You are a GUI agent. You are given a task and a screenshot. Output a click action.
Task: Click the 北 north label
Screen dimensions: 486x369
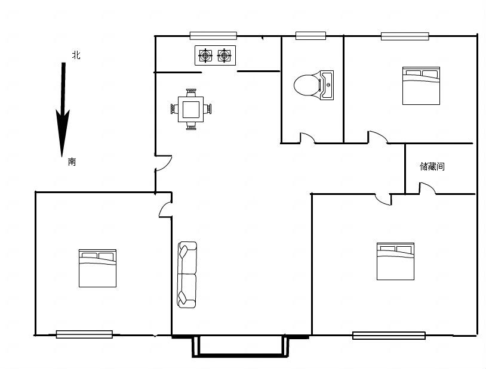pos(76,55)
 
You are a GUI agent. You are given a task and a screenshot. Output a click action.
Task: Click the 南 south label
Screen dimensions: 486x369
pos(72,162)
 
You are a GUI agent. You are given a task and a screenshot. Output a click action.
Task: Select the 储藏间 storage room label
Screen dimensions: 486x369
pos(432,166)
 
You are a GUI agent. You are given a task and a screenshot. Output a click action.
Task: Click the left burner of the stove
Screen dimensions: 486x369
pos(205,55)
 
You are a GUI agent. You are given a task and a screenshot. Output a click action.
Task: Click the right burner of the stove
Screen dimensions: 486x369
pos(224,55)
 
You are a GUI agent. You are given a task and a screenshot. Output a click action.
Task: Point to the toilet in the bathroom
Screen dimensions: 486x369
pos(307,85)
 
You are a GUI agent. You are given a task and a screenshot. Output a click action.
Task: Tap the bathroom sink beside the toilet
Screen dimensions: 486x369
pos(327,85)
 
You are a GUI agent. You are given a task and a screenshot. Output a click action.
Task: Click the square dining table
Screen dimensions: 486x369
pos(190,109)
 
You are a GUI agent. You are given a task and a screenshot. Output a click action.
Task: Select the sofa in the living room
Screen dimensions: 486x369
pos(187,275)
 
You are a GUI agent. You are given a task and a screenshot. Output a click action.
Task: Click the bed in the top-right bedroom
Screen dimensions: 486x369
pos(422,86)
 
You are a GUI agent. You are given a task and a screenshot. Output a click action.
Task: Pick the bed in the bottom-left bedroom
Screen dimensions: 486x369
pos(98,268)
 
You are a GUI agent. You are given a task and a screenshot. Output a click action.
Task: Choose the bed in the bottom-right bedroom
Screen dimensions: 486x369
pos(395,261)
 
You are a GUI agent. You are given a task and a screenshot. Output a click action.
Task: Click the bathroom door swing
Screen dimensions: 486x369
pos(307,138)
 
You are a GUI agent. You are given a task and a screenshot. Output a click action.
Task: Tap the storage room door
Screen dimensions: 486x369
pos(427,188)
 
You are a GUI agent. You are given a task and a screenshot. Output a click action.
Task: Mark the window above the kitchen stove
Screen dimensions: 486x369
pos(213,36)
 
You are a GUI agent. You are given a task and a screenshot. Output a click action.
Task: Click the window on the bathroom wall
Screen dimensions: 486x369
pos(310,36)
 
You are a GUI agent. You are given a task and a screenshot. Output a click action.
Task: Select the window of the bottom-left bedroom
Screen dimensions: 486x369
pos(84,334)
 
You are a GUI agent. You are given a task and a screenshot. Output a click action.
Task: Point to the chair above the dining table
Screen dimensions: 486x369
pos(191,92)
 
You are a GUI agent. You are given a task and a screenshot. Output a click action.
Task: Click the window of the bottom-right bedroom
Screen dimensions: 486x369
pos(389,335)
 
